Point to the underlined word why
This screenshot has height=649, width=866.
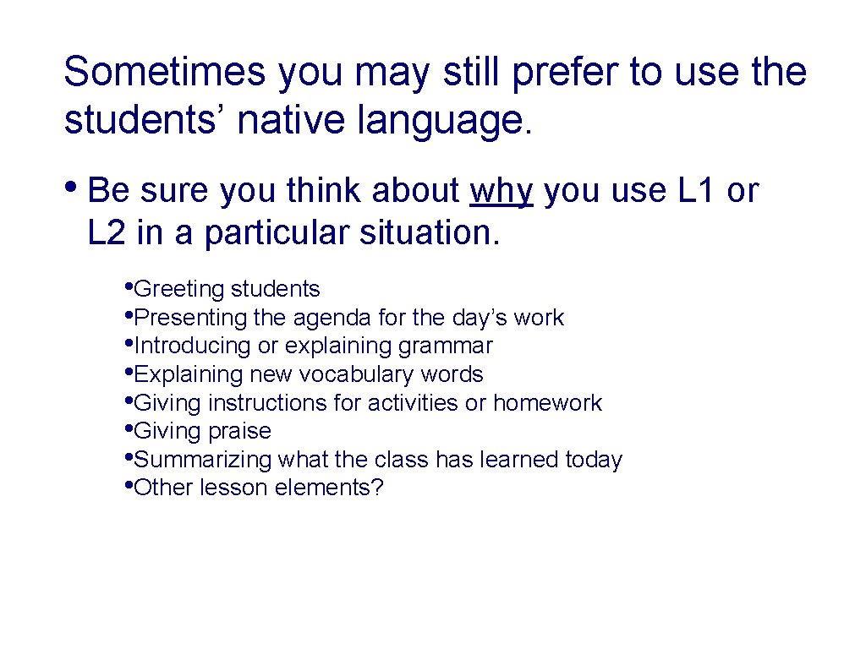tap(501, 192)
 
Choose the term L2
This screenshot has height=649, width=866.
tap(107, 232)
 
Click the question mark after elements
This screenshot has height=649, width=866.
tap(377, 488)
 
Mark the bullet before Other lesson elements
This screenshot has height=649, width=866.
tap(128, 486)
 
